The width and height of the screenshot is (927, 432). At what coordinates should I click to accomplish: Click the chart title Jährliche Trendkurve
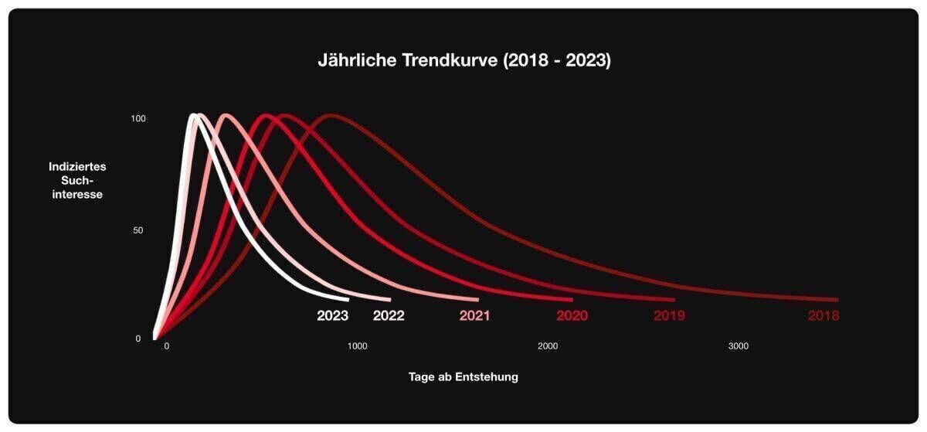pyautogui.click(x=464, y=61)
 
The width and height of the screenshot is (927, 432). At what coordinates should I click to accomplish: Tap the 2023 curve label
pyautogui.click(x=333, y=315)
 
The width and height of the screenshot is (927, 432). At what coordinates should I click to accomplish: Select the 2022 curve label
pyautogui.click(x=389, y=315)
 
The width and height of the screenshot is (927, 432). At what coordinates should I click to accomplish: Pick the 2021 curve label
pyautogui.click(x=474, y=315)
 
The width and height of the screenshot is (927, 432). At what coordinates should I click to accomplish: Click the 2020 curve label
pyautogui.click(x=572, y=315)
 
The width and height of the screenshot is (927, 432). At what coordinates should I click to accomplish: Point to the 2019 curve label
pyautogui.click(x=669, y=315)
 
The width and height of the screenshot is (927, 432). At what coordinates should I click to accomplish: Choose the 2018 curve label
pyautogui.click(x=823, y=315)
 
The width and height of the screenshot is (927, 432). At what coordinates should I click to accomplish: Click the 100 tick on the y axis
pyautogui.click(x=138, y=119)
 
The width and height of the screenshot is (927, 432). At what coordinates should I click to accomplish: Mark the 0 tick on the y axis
pyautogui.click(x=138, y=338)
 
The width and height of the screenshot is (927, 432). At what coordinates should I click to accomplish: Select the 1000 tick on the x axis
pyautogui.click(x=357, y=346)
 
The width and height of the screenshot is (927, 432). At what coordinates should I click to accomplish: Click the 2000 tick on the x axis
pyautogui.click(x=548, y=346)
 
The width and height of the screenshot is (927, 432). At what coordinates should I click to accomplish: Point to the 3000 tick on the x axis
pyautogui.click(x=739, y=346)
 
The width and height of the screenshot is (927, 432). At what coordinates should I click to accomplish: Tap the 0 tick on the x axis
pyautogui.click(x=166, y=346)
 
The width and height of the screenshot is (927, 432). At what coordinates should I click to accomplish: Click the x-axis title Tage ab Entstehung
pyautogui.click(x=463, y=377)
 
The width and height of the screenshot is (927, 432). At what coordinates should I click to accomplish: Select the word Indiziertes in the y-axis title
pyautogui.click(x=77, y=166)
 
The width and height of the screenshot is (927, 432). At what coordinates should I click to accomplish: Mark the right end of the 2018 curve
pyautogui.click(x=837, y=300)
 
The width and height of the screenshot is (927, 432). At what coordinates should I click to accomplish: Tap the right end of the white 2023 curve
pyautogui.click(x=347, y=299)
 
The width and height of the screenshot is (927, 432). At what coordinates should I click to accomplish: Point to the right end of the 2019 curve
pyautogui.click(x=673, y=300)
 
